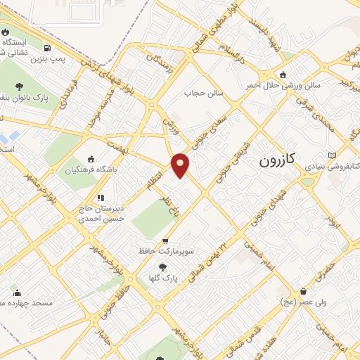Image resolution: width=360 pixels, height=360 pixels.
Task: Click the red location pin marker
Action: point(181,165)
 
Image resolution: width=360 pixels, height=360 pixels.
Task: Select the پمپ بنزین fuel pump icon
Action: point(47,49)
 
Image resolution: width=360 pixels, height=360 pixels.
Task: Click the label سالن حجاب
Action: point(203,92)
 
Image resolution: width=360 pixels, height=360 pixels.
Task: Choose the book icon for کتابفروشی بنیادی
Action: point(333,155)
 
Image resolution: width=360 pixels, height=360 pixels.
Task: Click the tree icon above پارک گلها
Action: point(163,267)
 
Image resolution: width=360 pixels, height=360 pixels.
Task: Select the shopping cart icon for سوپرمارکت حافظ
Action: point(165,240)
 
